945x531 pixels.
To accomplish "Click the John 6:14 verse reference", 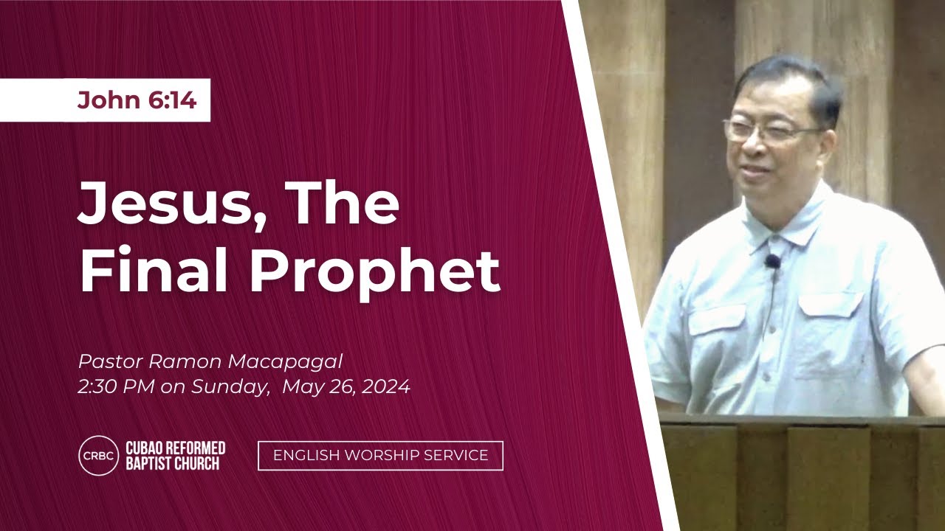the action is (x=137, y=100).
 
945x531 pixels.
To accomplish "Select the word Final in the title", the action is (x=154, y=270).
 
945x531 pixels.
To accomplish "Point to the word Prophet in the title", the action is (x=375, y=274).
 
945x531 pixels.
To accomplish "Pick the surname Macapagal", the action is (x=285, y=362).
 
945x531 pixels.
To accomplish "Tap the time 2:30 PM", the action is (x=116, y=386).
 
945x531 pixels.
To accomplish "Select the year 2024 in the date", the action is (x=385, y=386).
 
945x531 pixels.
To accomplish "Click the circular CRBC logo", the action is (x=99, y=456).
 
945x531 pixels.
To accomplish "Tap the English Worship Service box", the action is (x=380, y=456).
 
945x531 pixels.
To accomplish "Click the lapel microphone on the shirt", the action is (x=772, y=263).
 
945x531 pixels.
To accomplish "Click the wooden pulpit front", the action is (x=802, y=474).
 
